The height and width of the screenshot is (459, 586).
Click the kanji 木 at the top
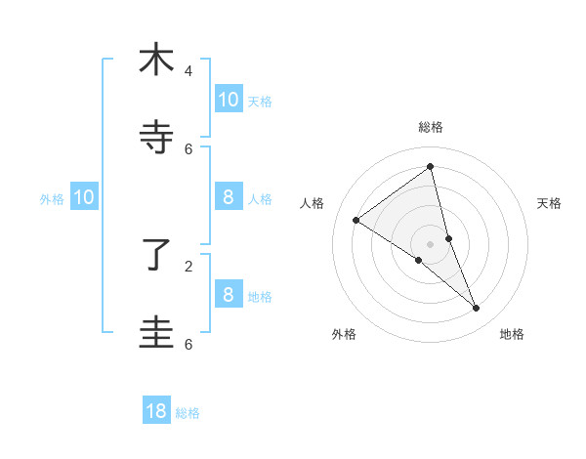(156, 60)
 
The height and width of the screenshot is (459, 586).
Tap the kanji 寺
(156, 138)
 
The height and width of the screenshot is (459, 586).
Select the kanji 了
(156, 255)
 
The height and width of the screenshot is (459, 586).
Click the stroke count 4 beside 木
(188, 71)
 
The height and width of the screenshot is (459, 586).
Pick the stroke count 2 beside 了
(188, 266)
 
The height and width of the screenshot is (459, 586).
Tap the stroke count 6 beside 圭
(188, 344)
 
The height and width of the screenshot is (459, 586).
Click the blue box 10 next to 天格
(228, 99)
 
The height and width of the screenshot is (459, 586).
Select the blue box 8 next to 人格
(228, 197)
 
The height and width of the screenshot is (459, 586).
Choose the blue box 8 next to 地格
(228, 294)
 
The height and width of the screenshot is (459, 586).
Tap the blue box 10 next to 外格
(84, 197)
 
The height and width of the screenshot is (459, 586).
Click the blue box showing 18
(156, 410)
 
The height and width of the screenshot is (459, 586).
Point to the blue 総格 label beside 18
(188, 413)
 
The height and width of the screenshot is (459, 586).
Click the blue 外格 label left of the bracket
(52, 199)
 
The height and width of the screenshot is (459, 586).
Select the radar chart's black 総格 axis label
(431, 127)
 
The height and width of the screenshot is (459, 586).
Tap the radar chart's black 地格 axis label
(512, 334)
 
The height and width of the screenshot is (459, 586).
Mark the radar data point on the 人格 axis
(356, 220)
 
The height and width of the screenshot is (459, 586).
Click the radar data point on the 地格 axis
(477, 309)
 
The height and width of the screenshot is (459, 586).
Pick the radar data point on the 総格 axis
(431, 167)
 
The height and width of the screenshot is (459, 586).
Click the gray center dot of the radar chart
(431, 243)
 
